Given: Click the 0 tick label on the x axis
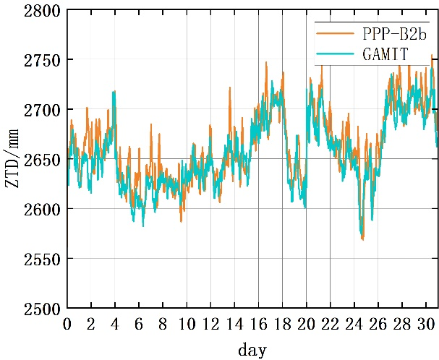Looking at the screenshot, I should point(67,323).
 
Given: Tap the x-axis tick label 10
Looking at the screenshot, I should point(187,323).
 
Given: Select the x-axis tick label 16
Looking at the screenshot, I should point(258,323).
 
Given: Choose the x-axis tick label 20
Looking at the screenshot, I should point(306,323).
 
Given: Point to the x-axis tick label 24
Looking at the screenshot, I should point(354,323).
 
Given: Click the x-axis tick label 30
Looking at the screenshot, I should point(425,323).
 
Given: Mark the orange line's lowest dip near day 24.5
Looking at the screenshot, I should point(362,239).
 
